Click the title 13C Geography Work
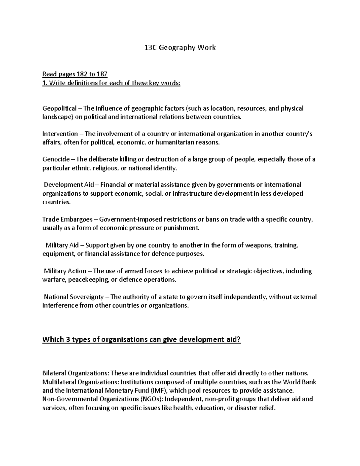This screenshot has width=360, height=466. click(x=180, y=47)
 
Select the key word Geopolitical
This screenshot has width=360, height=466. click(x=59, y=108)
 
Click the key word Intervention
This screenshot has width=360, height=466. click(x=60, y=134)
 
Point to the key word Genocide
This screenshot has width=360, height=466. click(x=56, y=159)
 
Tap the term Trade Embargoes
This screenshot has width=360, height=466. click(x=67, y=219)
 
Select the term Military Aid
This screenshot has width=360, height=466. click(x=62, y=245)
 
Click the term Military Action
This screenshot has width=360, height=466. click(x=65, y=271)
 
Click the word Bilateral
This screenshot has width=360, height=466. click(x=54, y=374)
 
